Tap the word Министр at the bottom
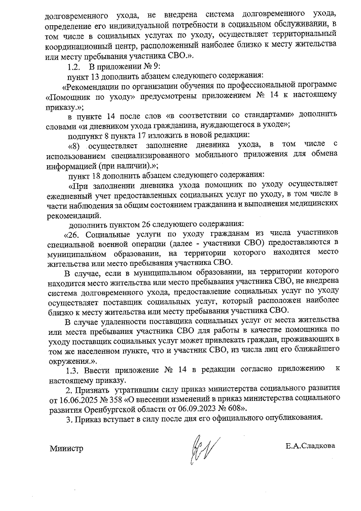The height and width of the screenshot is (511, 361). [66, 449]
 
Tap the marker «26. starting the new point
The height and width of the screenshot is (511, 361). [71, 234]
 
